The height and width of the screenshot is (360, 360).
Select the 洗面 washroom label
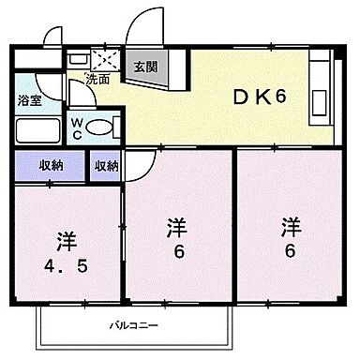click(97, 79)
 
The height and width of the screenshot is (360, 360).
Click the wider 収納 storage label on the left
click(52, 166)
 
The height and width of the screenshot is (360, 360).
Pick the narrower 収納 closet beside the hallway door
click(106, 166)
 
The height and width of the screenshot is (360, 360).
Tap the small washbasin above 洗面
click(76, 58)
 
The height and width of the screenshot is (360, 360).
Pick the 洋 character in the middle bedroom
click(175, 227)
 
